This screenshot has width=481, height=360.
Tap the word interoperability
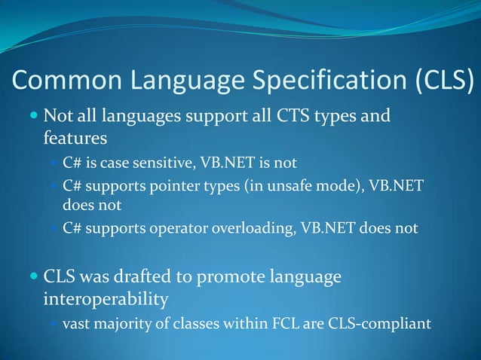(x=106, y=300)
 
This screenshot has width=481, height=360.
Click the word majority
(x=124, y=325)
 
